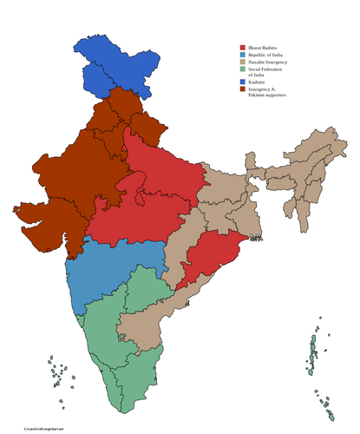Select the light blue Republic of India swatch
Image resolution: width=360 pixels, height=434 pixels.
point(243,55)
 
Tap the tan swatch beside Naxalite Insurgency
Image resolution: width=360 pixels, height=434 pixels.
point(243,62)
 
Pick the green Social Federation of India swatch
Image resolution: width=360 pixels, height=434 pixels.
point(243,70)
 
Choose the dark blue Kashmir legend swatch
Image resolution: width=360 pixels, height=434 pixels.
point(243,82)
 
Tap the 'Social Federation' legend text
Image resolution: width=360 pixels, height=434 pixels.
point(268,70)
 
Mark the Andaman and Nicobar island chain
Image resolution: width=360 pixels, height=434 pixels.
point(312,360)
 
